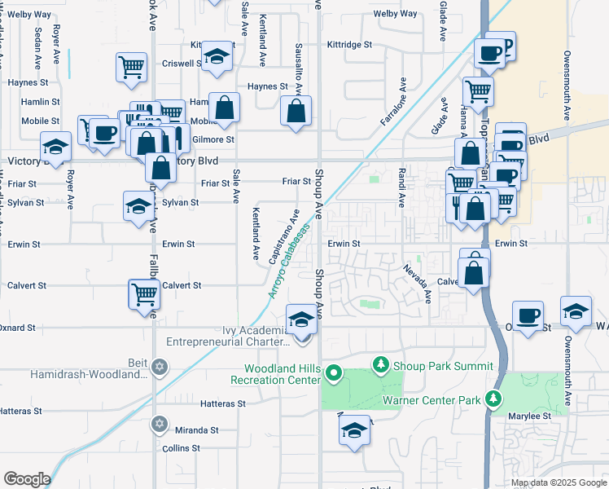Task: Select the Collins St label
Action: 181,448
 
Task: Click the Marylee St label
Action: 532,416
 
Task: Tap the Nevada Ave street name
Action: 416,282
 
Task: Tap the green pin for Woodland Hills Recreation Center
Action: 332,374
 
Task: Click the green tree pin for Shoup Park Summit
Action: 378,363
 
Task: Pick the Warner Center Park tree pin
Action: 492,399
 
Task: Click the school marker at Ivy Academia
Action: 301,319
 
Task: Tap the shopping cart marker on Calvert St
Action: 144,293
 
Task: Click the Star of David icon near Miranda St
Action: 160,424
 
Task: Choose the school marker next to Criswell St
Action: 217,55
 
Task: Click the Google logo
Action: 28,479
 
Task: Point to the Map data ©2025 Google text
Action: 559,482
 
